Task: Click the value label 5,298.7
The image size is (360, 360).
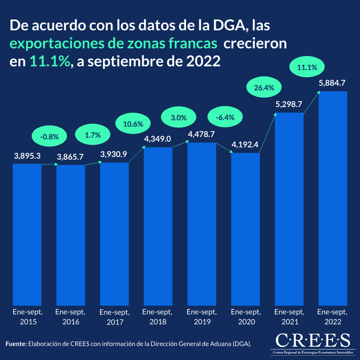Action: point(289,104)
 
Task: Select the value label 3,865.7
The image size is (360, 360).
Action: point(70,157)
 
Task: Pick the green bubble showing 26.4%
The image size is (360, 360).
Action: point(264,88)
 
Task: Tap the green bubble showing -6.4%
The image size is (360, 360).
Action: point(225,117)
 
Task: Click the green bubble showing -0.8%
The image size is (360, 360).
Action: point(49,136)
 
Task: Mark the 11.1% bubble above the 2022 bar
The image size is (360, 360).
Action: point(306,68)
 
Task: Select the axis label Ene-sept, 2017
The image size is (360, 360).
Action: point(114,317)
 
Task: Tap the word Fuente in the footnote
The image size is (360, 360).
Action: point(16,344)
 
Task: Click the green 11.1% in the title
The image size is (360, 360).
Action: point(50,62)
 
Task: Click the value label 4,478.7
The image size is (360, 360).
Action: point(201,134)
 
